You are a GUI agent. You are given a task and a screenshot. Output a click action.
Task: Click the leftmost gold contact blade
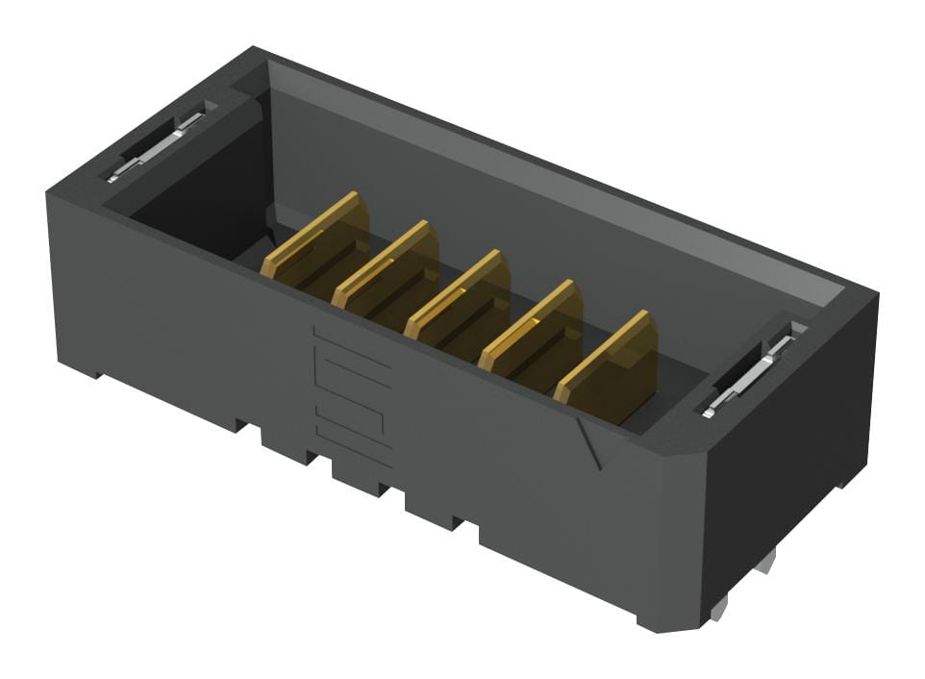(317, 239)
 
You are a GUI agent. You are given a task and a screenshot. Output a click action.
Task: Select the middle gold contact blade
(459, 297)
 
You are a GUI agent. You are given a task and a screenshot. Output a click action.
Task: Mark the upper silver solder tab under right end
(764, 563)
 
